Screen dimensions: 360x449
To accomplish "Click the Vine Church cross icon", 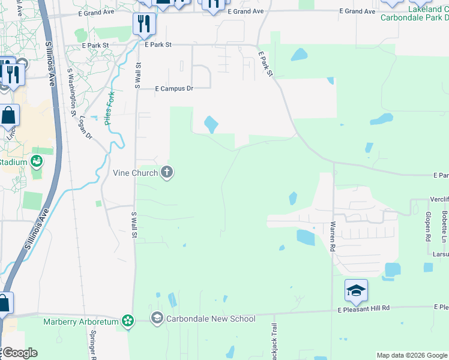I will [167, 173].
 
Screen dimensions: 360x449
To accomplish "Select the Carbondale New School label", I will [211, 319].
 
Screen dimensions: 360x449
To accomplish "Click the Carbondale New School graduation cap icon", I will [157, 318].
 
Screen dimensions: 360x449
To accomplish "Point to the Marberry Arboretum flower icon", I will [127, 322].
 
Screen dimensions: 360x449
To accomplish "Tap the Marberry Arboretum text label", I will [82, 322].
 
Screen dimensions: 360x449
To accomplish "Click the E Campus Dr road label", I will [174, 88].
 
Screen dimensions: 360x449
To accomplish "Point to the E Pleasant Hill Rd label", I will [364, 308].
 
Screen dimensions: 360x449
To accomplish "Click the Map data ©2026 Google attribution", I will [411, 355].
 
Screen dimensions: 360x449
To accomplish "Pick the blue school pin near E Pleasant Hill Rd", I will [356, 292].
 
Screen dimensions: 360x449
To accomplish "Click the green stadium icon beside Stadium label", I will [37, 161].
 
